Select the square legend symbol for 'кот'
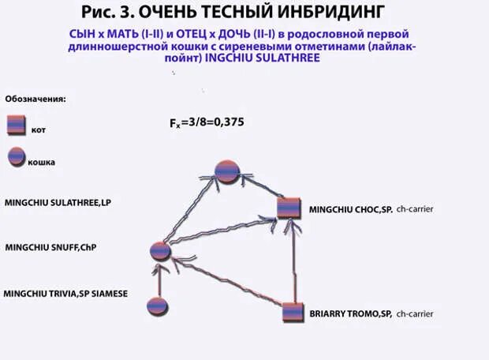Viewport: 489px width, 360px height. (16, 126)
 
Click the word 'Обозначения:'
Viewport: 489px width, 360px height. (35, 100)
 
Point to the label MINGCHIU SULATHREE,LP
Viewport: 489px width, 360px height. (58, 203)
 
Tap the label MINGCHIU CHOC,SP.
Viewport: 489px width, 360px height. (349, 209)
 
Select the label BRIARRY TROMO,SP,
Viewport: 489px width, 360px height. (351, 313)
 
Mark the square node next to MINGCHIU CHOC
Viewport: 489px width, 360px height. (289, 208)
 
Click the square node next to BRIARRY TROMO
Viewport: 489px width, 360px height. (293, 313)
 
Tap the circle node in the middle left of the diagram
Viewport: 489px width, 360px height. (161, 251)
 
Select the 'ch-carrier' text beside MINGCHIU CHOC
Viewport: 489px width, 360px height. (416, 209)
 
